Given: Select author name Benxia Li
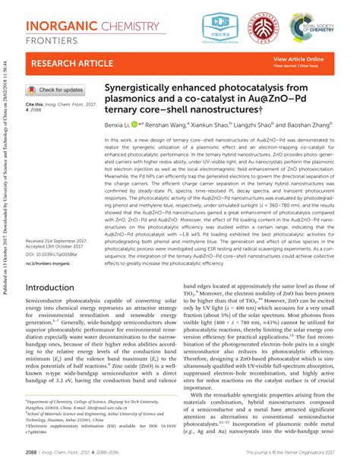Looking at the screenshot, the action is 118,123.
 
